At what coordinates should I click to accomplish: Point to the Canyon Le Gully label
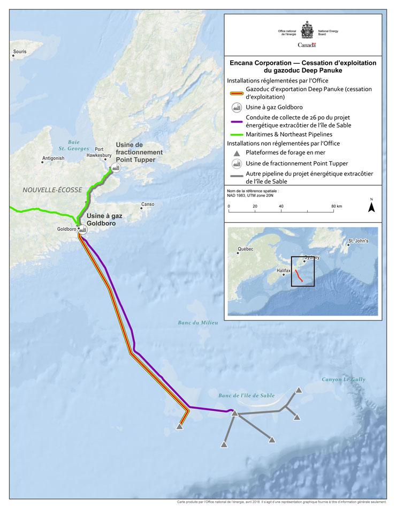343,379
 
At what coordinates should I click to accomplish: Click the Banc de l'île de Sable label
246,395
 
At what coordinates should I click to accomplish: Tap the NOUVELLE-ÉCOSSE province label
52,190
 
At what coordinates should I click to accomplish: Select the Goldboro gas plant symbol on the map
83,229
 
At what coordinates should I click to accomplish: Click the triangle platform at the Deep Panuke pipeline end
179,427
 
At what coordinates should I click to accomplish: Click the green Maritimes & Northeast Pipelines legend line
235,134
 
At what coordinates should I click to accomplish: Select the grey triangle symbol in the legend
235,153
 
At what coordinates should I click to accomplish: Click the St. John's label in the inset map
359,241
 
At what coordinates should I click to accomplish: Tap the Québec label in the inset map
246,249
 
